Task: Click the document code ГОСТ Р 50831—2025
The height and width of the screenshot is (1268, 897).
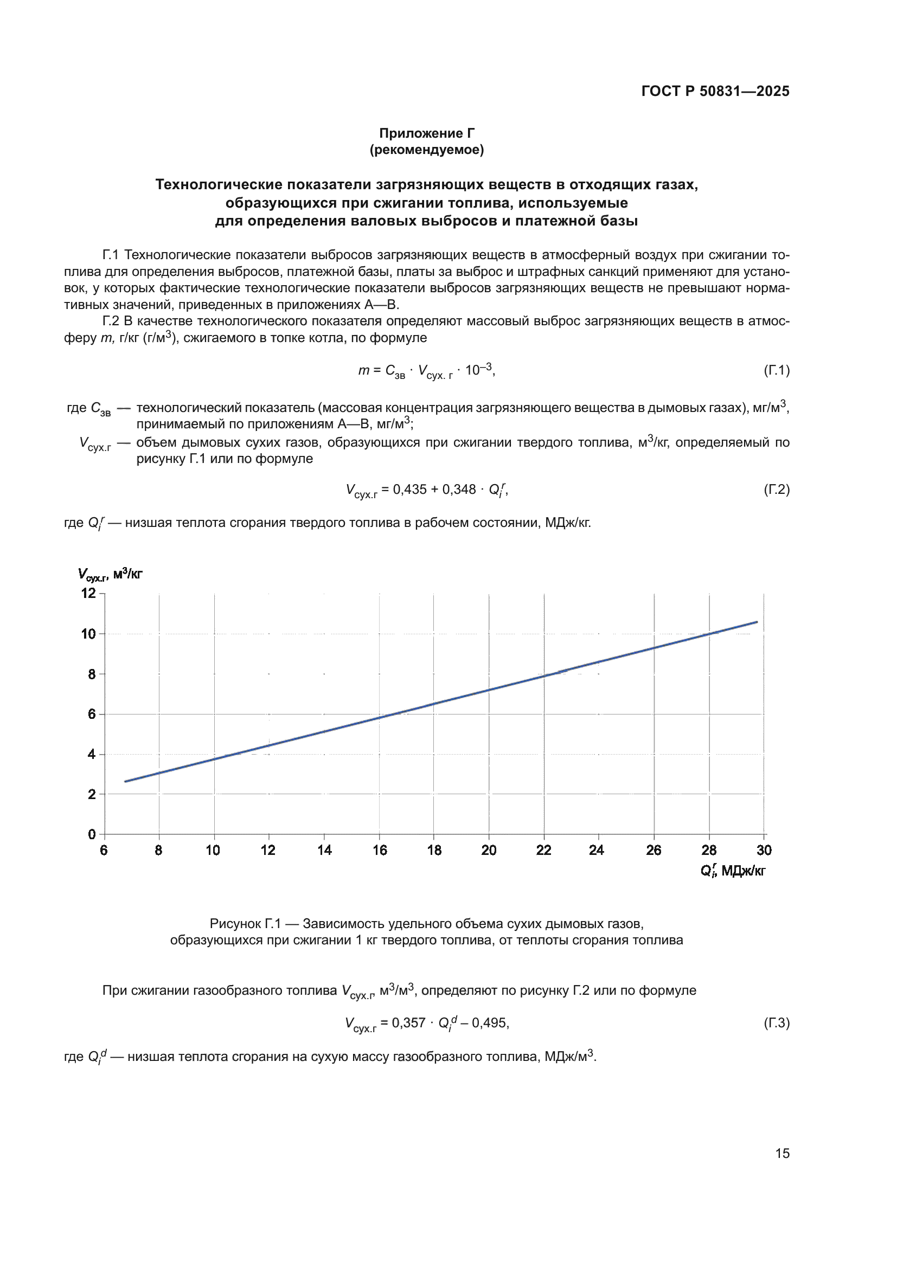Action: click(x=715, y=91)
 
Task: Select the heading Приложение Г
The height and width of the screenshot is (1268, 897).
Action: click(x=426, y=133)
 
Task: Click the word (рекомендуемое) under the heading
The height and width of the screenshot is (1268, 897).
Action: click(x=426, y=150)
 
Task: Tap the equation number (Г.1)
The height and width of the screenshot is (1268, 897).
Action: click(x=776, y=370)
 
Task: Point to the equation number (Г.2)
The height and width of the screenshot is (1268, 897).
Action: click(x=776, y=490)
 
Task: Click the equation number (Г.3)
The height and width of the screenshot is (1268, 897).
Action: click(x=776, y=1023)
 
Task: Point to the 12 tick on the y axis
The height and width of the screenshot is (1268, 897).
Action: click(x=89, y=593)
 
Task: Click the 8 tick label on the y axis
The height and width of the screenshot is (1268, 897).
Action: click(x=92, y=674)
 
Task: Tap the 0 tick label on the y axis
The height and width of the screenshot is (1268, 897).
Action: click(x=92, y=834)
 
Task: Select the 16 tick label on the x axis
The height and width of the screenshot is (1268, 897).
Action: click(x=380, y=851)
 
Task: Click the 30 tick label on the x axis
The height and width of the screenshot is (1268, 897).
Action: click(x=764, y=851)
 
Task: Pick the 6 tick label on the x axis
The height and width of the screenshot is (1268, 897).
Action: click(x=104, y=851)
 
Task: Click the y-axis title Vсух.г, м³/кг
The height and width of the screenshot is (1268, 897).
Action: click(x=110, y=574)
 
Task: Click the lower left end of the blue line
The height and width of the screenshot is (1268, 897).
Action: click(x=126, y=782)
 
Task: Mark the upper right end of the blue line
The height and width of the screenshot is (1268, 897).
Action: click(x=756, y=622)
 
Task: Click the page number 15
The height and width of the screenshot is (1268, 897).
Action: click(x=782, y=1153)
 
